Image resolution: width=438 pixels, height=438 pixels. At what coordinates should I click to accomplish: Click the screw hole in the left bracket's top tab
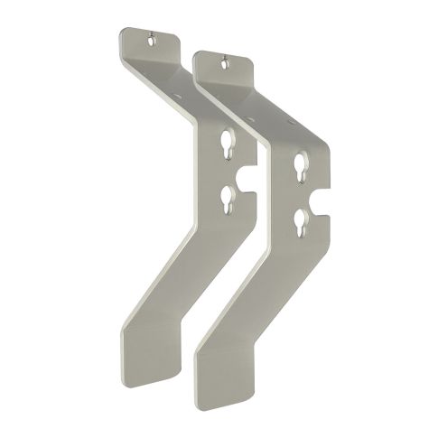152,39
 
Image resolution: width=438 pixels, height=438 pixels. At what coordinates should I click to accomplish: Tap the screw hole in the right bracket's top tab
224,63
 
